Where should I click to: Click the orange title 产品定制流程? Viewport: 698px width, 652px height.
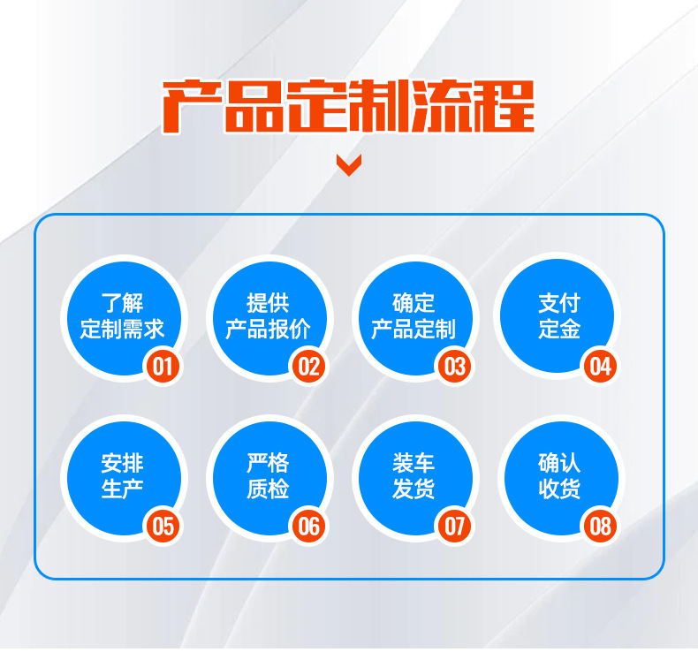tap(349, 106)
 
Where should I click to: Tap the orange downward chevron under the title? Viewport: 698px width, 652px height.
tap(349, 164)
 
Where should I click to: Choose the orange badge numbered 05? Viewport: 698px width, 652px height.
tap(163, 527)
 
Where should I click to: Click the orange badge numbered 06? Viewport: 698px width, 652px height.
tap(308, 527)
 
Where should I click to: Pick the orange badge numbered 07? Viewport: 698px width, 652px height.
tap(454, 527)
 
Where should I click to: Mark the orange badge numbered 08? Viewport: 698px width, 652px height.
tap(600, 527)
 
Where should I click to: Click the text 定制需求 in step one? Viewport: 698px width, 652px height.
tap(122, 330)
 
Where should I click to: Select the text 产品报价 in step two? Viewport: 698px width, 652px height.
tap(268, 330)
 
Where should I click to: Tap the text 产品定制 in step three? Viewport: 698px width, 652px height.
tap(413, 330)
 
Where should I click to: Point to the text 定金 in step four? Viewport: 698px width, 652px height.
tap(559, 330)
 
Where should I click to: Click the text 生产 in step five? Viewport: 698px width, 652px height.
tap(122, 489)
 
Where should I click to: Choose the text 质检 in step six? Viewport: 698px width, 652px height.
tap(268, 489)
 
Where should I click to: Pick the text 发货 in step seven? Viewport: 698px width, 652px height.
tap(413, 489)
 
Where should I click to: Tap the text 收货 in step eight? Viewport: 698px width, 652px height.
tap(559, 489)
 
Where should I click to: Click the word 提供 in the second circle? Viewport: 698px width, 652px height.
tap(268, 304)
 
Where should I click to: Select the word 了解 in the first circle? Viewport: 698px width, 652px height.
tap(122, 304)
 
